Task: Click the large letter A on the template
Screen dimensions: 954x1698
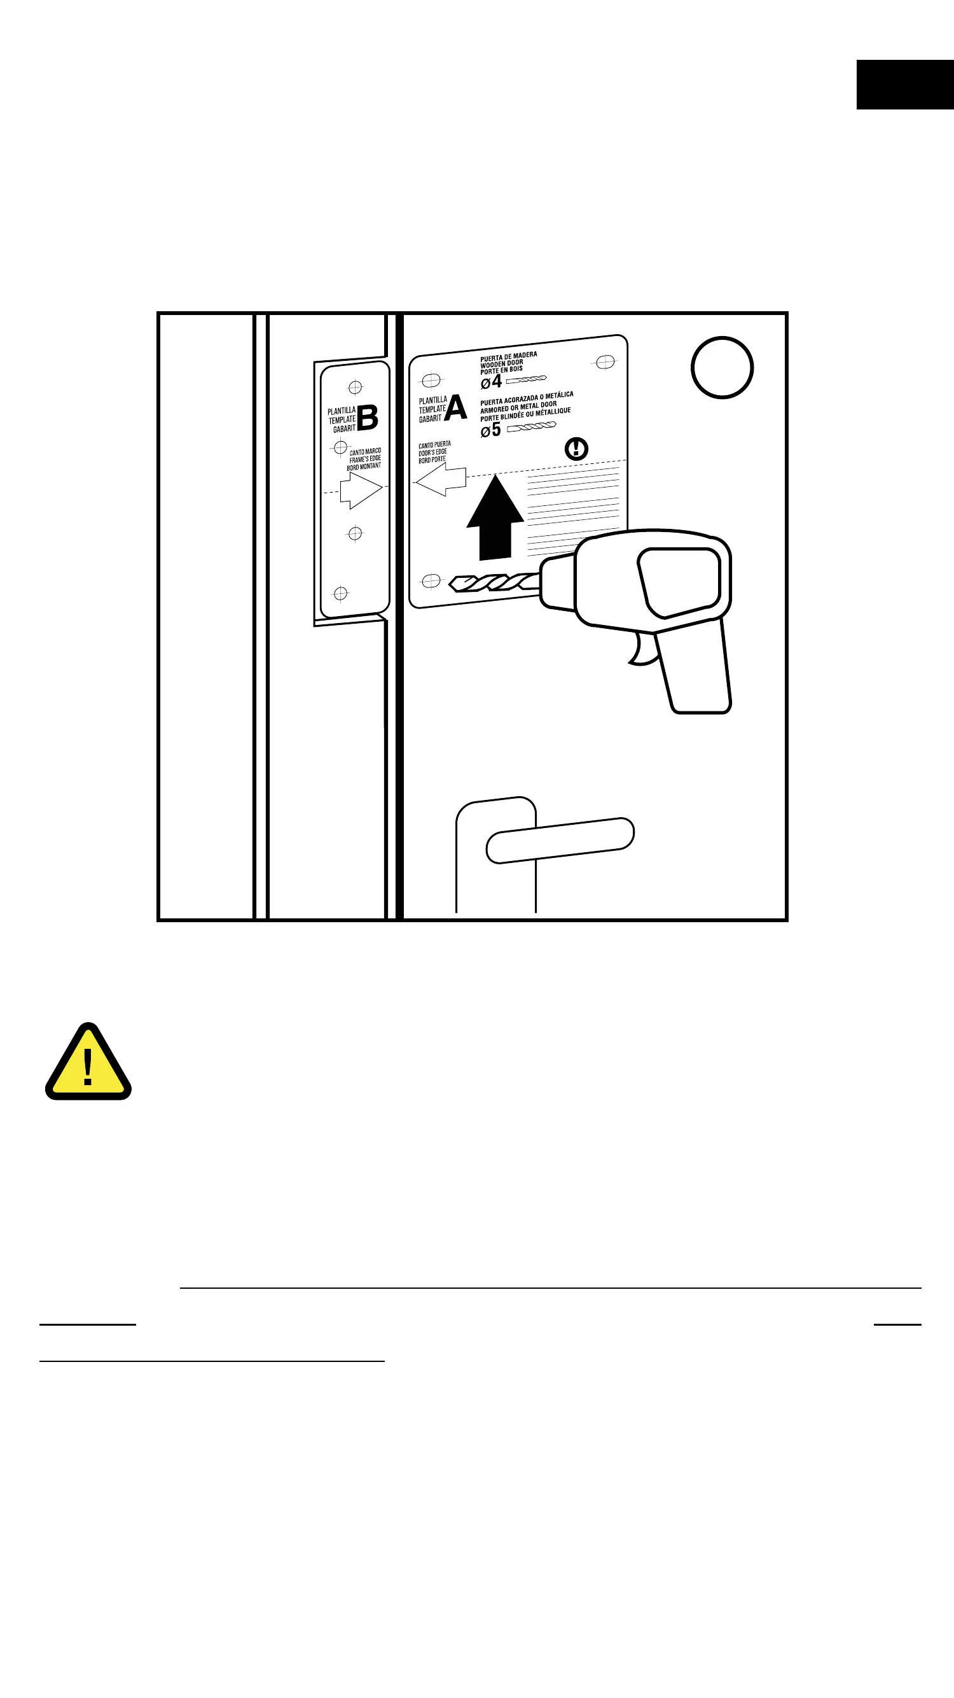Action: coord(456,408)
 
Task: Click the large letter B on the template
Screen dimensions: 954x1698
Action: coord(368,418)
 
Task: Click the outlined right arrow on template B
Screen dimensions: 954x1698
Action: coord(361,491)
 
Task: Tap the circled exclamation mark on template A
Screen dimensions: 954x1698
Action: coord(576,449)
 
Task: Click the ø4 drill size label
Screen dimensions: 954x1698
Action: coord(492,382)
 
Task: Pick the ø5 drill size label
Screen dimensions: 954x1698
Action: coord(491,430)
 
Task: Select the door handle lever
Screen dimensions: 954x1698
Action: coord(560,840)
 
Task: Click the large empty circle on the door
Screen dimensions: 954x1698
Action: coord(722,368)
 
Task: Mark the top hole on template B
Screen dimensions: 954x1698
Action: coord(355,387)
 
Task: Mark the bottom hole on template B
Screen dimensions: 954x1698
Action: coord(341,594)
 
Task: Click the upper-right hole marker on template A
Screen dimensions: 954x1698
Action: coord(605,362)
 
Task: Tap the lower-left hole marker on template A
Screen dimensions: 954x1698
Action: coord(431,580)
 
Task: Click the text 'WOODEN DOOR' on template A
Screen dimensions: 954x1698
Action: coord(501,363)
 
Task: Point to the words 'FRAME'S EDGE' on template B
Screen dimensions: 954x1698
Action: coord(365,459)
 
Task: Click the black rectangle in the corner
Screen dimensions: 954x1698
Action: coord(905,85)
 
